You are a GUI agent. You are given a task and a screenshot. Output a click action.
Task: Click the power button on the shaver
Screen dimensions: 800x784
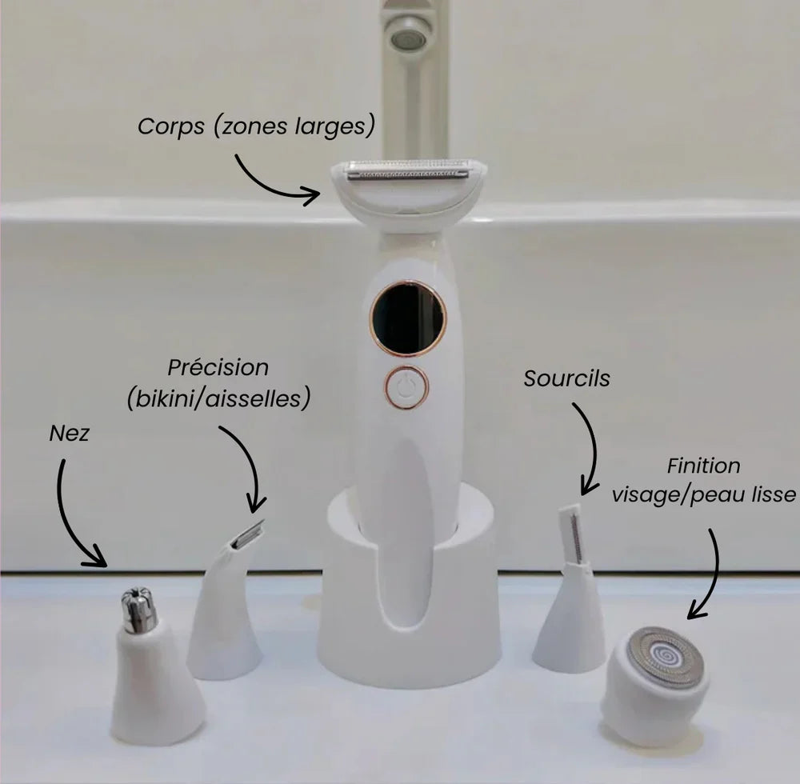point(406,388)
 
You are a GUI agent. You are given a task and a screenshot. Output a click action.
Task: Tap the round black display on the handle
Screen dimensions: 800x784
point(408,318)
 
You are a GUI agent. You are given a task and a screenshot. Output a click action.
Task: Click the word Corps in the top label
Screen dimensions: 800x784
point(171,126)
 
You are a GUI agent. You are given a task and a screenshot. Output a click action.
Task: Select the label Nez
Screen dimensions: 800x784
point(70,434)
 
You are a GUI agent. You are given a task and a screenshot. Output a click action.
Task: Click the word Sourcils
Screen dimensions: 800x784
point(567,378)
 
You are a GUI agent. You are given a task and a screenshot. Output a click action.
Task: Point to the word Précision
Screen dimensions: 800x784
point(218,367)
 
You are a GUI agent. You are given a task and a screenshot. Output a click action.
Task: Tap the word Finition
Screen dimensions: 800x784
point(703,466)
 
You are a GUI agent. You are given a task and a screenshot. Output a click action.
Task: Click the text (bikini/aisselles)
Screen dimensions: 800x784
point(219,399)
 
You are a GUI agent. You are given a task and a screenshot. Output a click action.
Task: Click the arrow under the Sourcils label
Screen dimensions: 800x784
point(592,444)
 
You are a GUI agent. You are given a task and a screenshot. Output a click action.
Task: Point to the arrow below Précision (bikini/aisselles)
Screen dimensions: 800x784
point(250,459)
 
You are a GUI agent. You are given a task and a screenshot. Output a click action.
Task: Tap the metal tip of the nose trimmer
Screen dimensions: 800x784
point(138,610)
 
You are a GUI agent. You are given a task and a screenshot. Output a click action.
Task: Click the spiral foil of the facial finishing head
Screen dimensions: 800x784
point(664,657)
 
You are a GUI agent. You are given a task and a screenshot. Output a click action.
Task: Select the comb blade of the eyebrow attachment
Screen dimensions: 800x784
point(574,534)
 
